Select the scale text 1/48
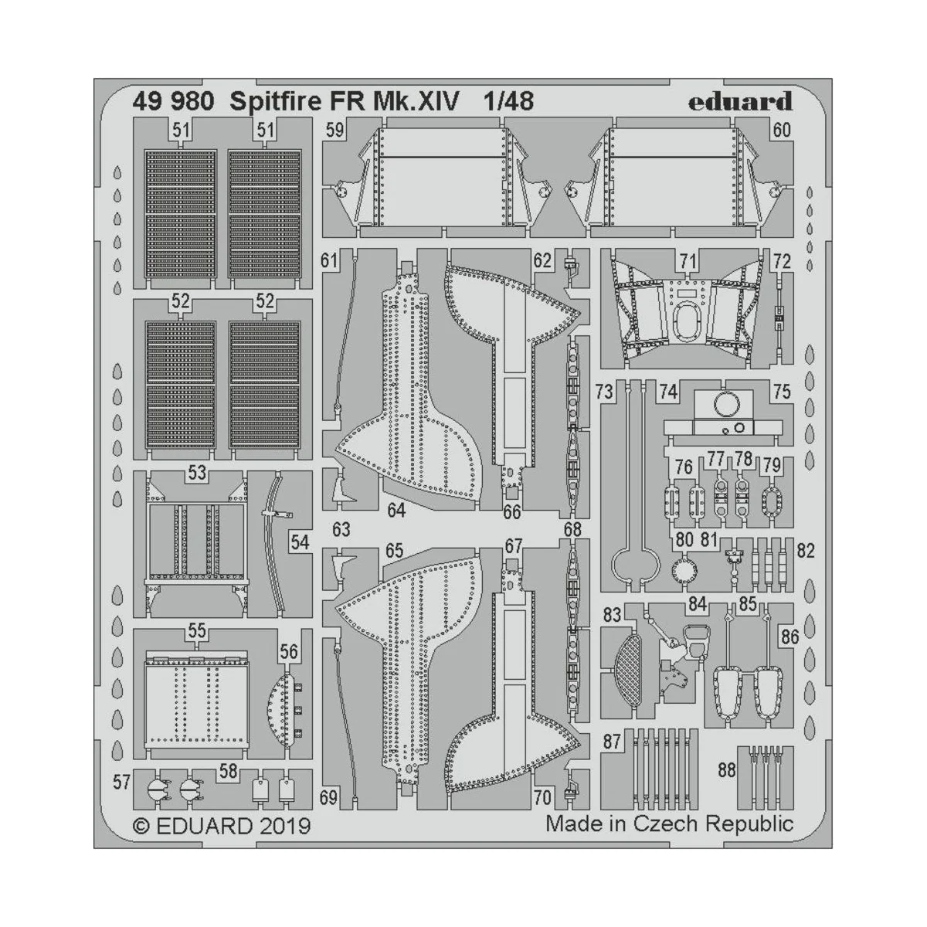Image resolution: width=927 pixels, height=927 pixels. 508,101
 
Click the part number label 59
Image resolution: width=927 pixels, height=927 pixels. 334,130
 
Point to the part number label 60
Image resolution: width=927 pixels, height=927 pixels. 782,130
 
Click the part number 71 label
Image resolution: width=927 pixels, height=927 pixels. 688,261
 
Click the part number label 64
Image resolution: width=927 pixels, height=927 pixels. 396,511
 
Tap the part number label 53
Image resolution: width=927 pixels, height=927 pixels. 197,472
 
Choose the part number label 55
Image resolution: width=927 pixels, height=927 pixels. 197,631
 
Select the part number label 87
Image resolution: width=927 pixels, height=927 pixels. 613,742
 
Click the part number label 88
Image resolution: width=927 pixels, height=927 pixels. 726,770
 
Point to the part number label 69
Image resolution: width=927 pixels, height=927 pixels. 330,798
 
